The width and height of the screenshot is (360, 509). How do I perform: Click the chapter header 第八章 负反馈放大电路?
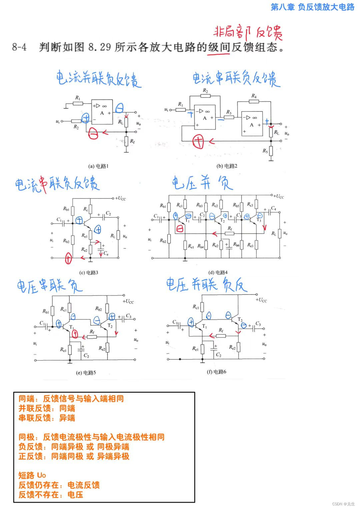[x=312, y=7]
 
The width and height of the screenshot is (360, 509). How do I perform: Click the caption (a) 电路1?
[x=99, y=166]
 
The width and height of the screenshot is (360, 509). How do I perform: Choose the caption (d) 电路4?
[x=218, y=272]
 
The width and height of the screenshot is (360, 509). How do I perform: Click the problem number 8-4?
[x=19, y=47]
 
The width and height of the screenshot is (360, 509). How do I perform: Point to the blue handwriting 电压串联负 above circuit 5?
[x=49, y=286]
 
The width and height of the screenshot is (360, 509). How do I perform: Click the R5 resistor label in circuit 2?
[x=265, y=151]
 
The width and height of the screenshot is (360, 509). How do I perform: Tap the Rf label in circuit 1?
[x=132, y=142]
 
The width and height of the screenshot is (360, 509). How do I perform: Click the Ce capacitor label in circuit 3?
[x=106, y=254]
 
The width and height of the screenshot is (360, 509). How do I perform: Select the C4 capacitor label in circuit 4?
[x=273, y=208]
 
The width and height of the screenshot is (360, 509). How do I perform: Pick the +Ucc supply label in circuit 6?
[x=261, y=300]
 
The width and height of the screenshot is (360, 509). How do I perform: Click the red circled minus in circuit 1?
[x=93, y=134]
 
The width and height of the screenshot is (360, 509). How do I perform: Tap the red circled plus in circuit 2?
[x=198, y=142]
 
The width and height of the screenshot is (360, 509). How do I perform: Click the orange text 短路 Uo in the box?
[x=32, y=475]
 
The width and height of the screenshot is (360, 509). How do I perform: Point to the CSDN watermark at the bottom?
[x=344, y=504]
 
